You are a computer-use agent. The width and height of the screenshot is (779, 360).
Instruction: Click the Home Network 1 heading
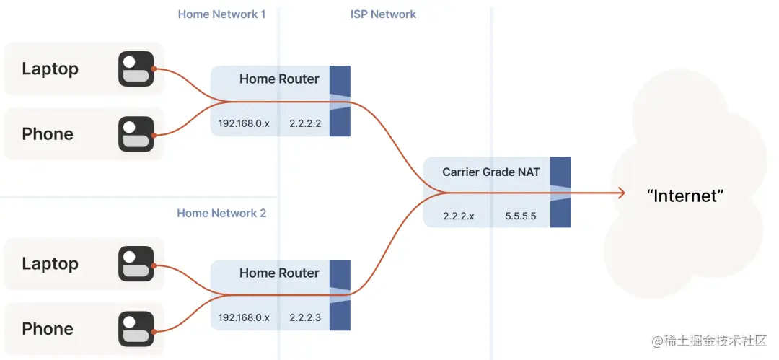[221, 14]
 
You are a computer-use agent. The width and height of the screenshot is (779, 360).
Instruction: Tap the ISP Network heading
[383, 14]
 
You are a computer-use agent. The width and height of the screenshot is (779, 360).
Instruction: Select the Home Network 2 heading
[221, 213]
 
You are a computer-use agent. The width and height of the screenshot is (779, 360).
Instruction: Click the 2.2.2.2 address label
[305, 123]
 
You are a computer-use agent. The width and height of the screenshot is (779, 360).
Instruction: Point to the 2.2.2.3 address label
[305, 318]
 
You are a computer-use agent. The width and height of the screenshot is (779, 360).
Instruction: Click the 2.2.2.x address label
[459, 216]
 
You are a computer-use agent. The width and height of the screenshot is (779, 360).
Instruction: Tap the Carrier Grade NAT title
[490, 172]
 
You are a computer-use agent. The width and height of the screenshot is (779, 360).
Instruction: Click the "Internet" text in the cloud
[685, 195]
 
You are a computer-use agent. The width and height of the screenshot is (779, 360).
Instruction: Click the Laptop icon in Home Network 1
[136, 69]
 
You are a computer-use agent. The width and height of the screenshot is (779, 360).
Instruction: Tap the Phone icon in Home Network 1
[136, 134]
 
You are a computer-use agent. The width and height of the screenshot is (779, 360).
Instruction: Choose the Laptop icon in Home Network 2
[136, 264]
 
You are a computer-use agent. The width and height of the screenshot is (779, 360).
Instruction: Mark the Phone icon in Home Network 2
[136, 329]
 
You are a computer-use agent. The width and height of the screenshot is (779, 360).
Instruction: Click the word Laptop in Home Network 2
[50, 264]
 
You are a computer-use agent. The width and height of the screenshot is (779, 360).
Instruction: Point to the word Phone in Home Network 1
[48, 134]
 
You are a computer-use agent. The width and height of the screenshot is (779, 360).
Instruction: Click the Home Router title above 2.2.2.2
[279, 79]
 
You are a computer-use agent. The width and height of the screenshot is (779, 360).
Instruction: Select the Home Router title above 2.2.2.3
[279, 273]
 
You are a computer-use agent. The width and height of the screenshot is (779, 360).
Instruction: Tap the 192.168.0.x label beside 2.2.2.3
[244, 318]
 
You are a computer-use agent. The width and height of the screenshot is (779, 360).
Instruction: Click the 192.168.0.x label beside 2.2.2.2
[244, 123]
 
